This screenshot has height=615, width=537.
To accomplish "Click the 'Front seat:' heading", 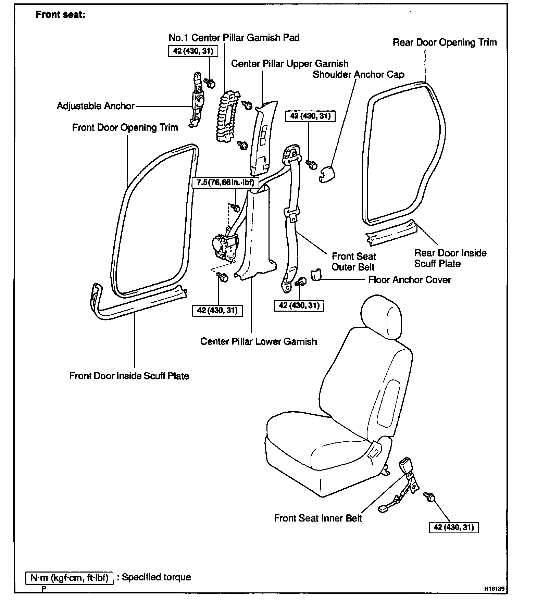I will [60, 15].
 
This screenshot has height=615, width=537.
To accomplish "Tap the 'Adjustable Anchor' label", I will [96, 106].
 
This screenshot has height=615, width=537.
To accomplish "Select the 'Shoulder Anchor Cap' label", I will [358, 75].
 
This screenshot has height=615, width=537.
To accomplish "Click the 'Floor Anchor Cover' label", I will [409, 280].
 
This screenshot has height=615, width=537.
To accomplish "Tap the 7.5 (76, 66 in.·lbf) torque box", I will [225, 182].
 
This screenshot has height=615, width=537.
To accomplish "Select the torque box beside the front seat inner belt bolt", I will [453, 527].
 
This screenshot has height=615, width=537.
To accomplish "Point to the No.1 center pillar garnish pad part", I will [226, 116].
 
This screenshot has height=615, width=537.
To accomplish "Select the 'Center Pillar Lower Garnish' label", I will [259, 341].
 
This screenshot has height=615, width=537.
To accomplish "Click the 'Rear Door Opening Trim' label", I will [444, 42].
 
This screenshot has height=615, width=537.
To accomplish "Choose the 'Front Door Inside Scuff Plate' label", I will [129, 376].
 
